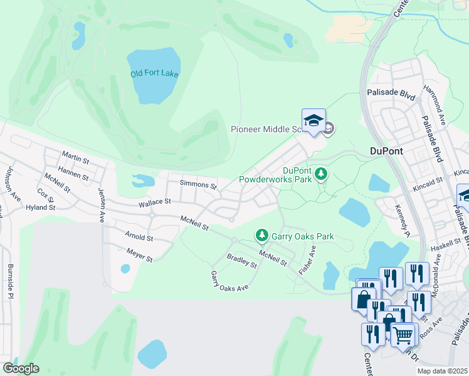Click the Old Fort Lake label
coord(154,74)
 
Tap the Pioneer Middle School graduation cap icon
coord(314,122)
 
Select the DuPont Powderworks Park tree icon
coord(322,173)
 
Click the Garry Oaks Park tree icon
coord(261,235)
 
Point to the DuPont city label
coord(386,151)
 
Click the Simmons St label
coord(198,185)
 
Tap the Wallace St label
coord(154,202)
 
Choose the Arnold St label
coord(139,238)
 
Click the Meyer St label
coord(139,256)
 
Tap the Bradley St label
coord(242,261)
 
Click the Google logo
coord(21,368)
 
